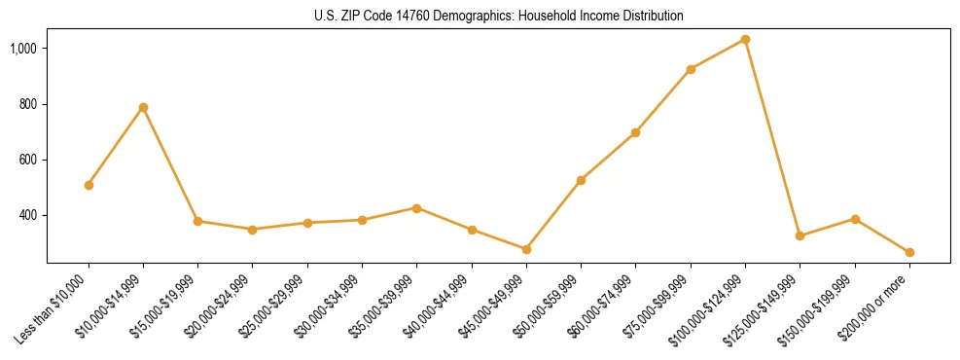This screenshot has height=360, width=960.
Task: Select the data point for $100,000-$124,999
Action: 745,40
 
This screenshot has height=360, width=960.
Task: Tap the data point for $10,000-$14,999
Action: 143,108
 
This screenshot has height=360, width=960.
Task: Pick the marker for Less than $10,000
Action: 89,185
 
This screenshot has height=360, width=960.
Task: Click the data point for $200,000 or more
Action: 909,253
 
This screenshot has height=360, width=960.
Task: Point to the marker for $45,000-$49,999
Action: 526,250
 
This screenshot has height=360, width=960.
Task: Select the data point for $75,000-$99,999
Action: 691,70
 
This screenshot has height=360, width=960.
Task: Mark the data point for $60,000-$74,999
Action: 635,133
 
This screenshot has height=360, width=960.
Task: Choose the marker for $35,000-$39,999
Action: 416,208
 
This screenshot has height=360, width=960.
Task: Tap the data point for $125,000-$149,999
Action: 800,236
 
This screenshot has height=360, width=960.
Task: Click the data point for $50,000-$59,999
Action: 581,181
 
